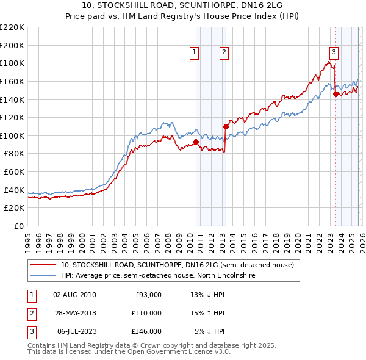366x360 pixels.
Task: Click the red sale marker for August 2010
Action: (x=196, y=142)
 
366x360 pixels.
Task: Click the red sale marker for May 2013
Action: (x=226, y=127)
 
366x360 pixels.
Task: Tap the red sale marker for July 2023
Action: (x=335, y=94)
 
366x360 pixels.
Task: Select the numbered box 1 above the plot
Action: (x=194, y=53)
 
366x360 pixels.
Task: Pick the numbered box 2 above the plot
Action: (x=224, y=53)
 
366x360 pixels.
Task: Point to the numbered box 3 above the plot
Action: (x=334, y=53)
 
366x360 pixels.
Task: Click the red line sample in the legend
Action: (x=42, y=265)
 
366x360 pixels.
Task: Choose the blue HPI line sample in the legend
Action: (x=42, y=276)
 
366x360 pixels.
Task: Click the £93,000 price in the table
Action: (x=148, y=295)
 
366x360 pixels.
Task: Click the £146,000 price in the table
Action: (x=146, y=331)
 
